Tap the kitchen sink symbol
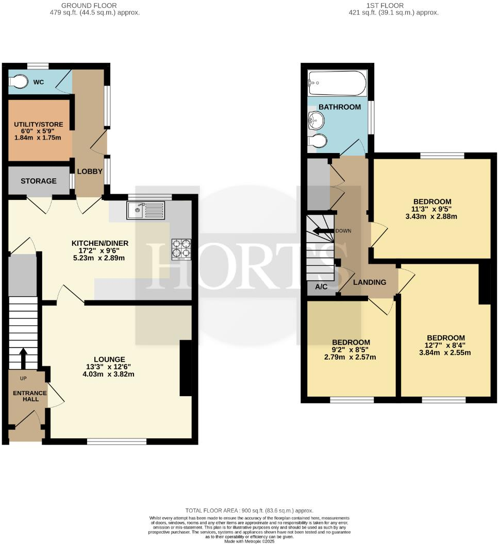coord(148,210)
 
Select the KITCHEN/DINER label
coord(100,243)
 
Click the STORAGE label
coord(39,181)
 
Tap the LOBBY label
coord(87,171)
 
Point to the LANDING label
coord(369,282)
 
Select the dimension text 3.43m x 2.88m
coord(432,216)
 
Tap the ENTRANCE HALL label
coord(29,397)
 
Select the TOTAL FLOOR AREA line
coord(249,511)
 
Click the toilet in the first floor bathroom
coord(319,141)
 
